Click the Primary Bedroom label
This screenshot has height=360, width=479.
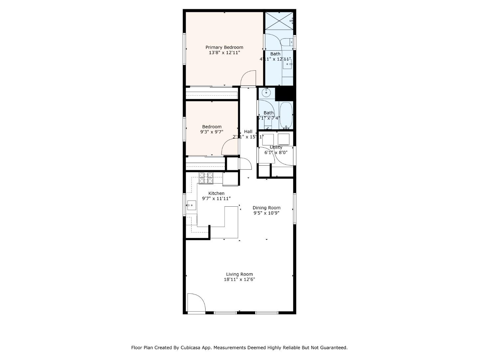point(224,47)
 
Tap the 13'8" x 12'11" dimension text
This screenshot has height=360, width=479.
point(224,53)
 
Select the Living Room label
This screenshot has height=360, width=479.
point(239,274)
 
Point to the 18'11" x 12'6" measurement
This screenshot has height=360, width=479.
point(239,280)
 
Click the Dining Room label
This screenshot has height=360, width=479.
point(266,208)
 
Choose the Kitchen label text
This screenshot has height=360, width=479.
point(216,193)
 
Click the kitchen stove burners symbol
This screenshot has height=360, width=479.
point(206,178)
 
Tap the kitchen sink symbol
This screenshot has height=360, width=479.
point(191,205)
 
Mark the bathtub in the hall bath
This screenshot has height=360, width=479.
point(286,115)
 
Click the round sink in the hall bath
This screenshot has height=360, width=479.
point(266,92)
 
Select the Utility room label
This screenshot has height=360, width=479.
point(276,147)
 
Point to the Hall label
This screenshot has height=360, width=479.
point(248,132)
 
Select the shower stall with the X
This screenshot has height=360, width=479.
point(279,21)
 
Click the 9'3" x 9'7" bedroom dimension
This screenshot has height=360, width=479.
point(212,132)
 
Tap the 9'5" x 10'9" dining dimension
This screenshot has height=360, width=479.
point(266,213)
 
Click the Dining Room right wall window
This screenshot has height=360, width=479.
point(295,208)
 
